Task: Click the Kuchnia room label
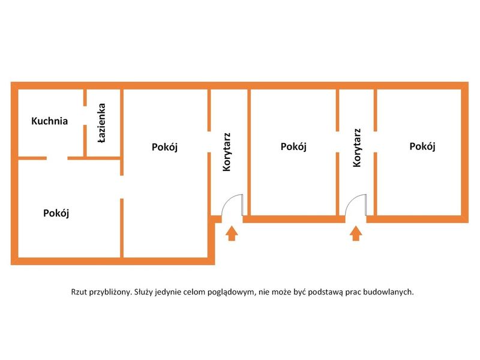49,121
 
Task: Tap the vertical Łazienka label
102,123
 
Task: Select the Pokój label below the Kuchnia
56,213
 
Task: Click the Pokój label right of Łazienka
164,147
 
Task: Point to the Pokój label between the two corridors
293,146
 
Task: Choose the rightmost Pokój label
422,146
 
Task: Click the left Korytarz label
227,152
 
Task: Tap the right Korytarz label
357,148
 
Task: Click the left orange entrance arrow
232,233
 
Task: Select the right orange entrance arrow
356,233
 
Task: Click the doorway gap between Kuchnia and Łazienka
85,115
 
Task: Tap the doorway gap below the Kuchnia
57,158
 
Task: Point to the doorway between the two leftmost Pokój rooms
122,187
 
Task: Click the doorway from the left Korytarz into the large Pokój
209,142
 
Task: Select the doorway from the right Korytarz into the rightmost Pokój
376,142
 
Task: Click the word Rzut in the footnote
79,292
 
